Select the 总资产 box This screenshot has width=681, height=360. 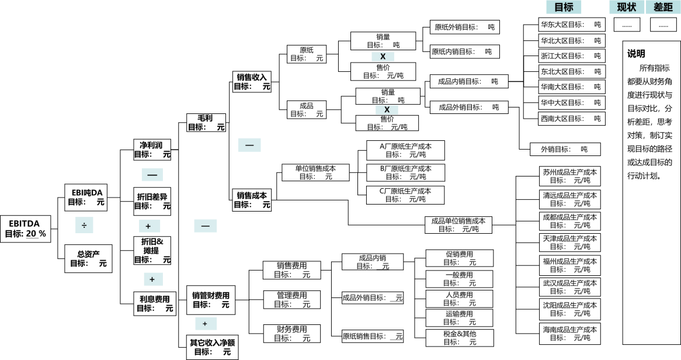pyautogui.click(x=88, y=258)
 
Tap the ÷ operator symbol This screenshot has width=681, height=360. pyautogui.click(x=84, y=225)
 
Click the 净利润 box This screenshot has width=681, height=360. pyautogui.click(x=152, y=150)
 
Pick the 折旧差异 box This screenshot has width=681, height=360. pyautogui.click(x=152, y=201)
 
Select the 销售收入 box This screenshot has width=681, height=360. pyautogui.click(x=252, y=81)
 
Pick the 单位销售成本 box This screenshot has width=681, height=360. pyautogui.click(x=315, y=172)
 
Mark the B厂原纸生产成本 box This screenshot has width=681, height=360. pyautogui.click(x=405, y=172)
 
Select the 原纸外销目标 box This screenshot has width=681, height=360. pyautogui.click(x=465, y=27)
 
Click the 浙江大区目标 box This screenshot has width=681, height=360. pyautogui.click(x=571, y=56)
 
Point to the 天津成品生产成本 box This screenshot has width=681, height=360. pyautogui.click(x=569, y=243)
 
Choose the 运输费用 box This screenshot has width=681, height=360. pyautogui.click(x=459, y=318)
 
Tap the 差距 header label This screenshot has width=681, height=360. pyautogui.click(x=663, y=7)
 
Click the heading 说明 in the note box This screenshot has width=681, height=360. pyautogui.click(x=637, y=54)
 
